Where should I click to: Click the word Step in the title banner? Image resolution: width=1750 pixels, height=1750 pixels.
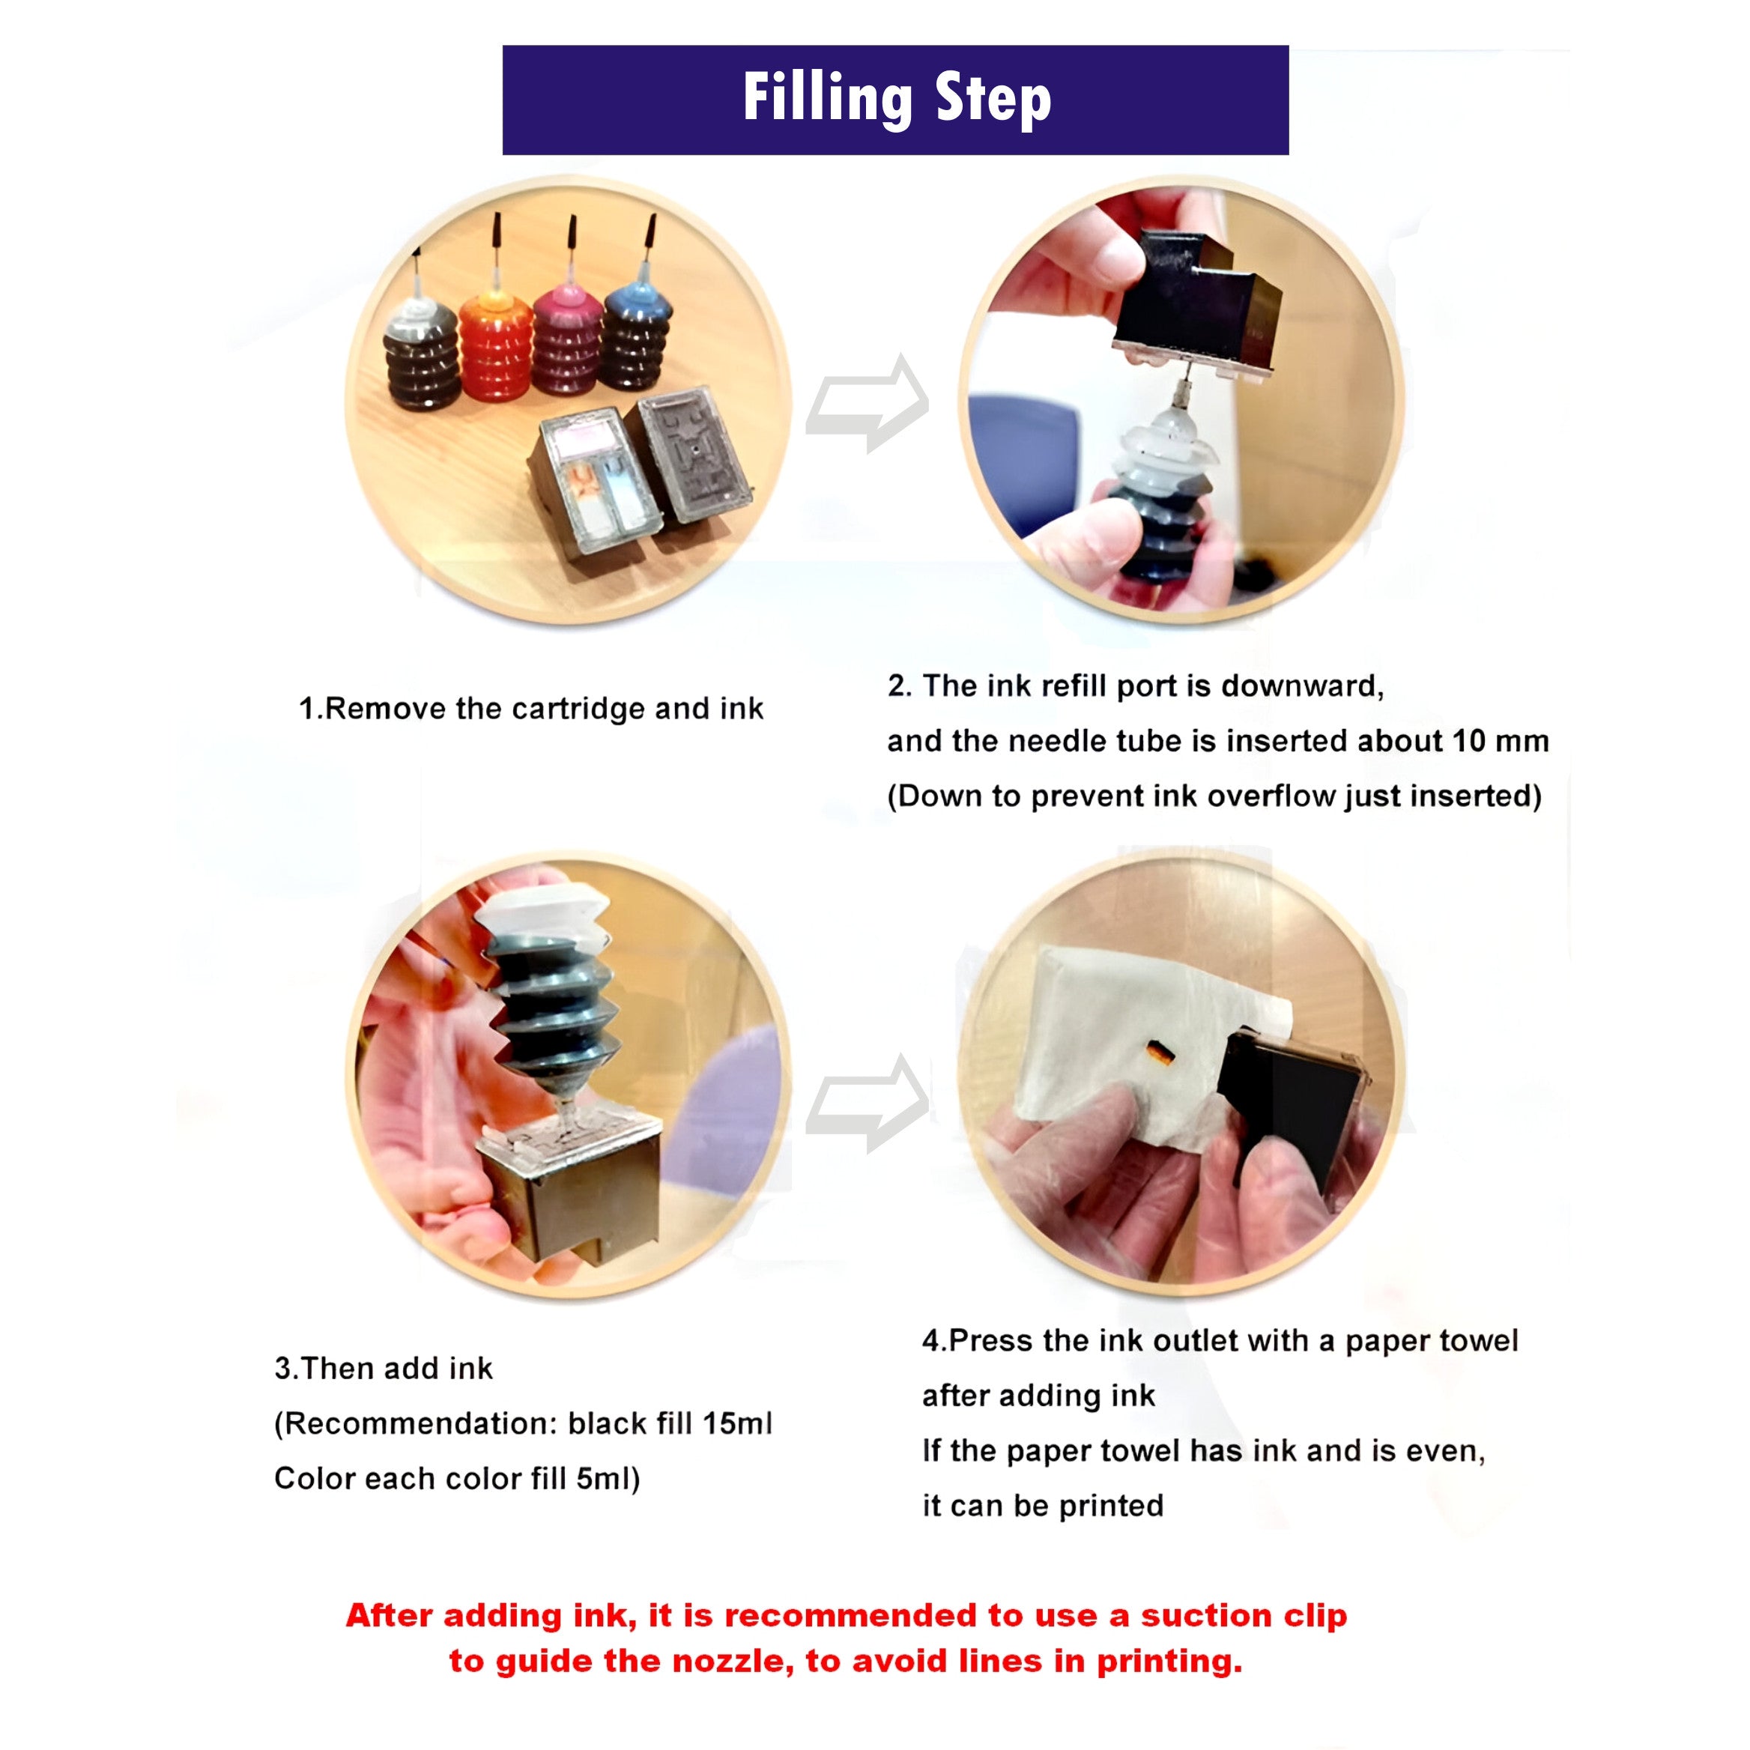click(x=993, y=100)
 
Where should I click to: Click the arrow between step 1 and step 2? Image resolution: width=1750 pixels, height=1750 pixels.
click(x=868, y=402)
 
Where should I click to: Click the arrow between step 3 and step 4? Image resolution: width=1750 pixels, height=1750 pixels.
click(x=868, y=1103)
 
